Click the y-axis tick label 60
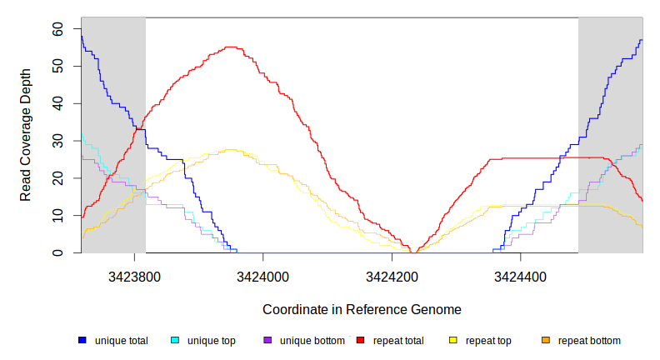click(57, 28)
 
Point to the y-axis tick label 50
click(57, 66)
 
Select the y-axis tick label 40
click(57, 103)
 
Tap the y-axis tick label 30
click(57, 141)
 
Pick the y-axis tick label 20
click(57, 178)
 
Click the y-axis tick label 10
click(57, 216)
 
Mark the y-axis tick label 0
click(57, 253)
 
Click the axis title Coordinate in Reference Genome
click(362, 309)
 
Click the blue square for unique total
click(82, 341)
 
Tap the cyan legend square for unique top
click(175, 341)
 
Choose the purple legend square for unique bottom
click(267, 341)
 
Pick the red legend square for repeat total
click(360, 341)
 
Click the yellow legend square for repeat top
click(453, 341)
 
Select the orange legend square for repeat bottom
click(546, 341)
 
